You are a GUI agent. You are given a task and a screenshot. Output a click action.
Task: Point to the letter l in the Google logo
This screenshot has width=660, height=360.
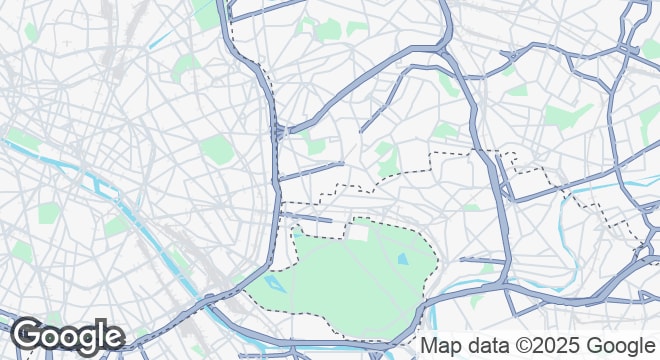click(x=100, y=334)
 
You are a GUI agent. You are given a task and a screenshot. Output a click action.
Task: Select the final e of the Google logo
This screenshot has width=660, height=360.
click(x=113, y=337)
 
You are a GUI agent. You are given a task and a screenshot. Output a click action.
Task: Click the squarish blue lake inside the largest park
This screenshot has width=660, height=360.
click(x=402, y=259)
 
